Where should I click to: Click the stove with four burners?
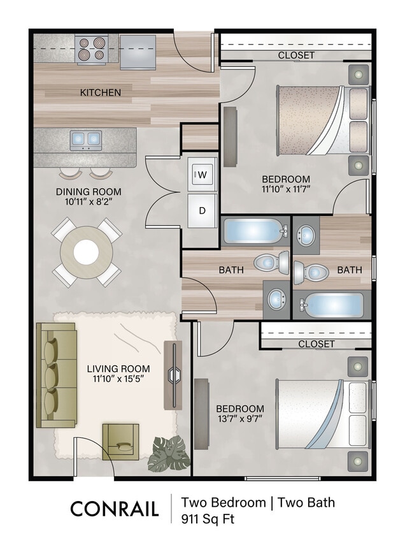[91, 49]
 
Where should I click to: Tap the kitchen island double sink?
[86, 138]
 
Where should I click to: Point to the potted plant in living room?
[169, 453]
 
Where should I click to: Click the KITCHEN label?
[100, 92]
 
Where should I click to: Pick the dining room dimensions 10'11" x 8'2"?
[89, 201]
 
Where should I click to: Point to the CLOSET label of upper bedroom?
[296, 55]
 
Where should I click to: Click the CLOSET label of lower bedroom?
[316, 344]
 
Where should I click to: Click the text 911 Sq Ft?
[208, 518]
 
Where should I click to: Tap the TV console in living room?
[173, 375]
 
